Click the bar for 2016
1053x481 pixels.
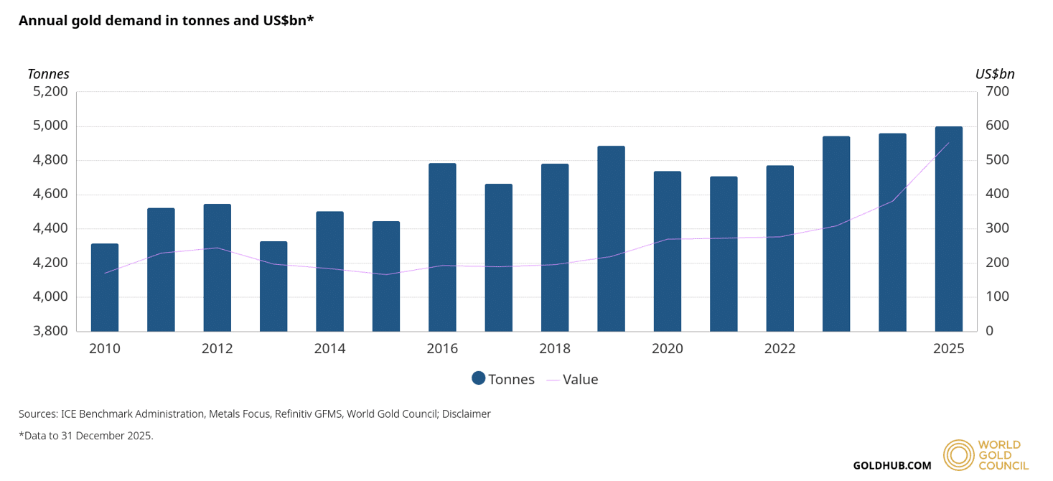(x=442, y=247)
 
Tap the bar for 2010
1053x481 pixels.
(x=105, y=287)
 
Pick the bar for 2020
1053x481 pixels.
(x=668, y=251)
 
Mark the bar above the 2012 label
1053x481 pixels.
(x=217, y=267)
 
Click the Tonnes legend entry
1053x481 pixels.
(x=502, y=379)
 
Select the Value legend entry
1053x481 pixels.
(x=572, y=379)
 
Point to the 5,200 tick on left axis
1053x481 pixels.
(x=50, y=92)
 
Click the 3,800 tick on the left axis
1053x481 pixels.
(x=50, y=331)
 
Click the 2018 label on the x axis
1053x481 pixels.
(x=555, y=349)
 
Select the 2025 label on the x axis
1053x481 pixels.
(x=948, y=349)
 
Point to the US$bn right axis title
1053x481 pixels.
(x=995, y=73)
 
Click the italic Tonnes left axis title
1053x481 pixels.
(x=48, y=73)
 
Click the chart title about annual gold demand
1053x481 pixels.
(x=166, y=20)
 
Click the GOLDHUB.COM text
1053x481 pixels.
(x=892, y=465)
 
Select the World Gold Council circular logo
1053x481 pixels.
(x=958, y=454)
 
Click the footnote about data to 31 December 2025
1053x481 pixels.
(x=86, y=435)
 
